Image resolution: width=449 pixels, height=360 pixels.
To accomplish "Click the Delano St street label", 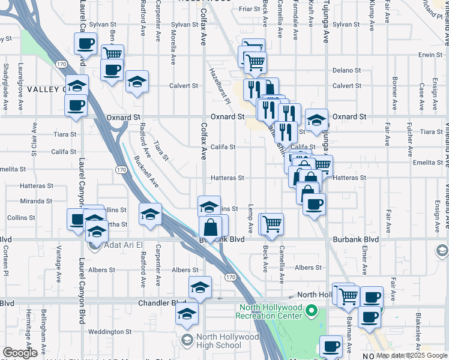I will click(x=346, y=70).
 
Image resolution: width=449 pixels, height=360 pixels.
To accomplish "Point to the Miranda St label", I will click(x=37, y=201).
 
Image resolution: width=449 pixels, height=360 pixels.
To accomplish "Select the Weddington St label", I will click(x=109, y=331).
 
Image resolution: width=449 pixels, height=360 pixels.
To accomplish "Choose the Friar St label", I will click(x=248, y=9).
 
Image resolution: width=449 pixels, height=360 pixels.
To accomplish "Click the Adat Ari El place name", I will click(x=117, y=245).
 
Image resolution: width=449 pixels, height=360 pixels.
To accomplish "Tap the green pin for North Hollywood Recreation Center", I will click(x=312, y=311).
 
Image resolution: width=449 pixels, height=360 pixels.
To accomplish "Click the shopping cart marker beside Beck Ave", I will click(x=271, y=224).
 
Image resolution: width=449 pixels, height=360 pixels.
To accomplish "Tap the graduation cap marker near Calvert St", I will click(x=137, y=81).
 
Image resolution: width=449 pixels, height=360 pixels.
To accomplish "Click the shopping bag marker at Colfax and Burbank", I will click(x=211, y=228).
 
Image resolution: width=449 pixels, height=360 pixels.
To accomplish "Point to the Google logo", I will click(x=20, y=353).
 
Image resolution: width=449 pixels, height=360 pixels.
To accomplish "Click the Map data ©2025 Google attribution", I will click(x=411, y=356).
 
